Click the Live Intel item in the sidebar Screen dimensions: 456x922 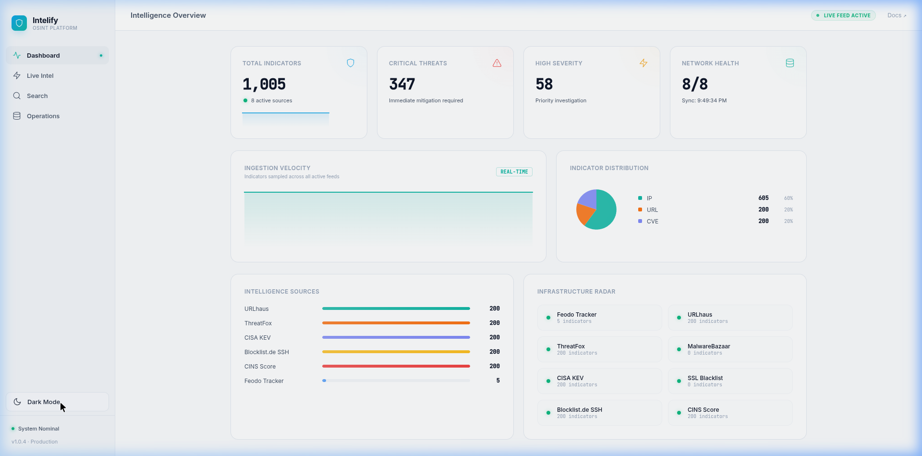click(x=40, y=76)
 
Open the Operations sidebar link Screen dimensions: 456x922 click(x=43, y=116)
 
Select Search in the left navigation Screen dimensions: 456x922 click(x=37, y=96)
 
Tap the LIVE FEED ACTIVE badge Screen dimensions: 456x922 click(x=843, y=15)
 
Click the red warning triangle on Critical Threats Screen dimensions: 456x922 click(x=497, y=63)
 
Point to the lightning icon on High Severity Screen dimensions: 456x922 click(x=643, y=63)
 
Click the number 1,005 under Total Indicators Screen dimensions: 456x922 click(x=264, y=85)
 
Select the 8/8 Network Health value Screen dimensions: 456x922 click(x=695, y=85)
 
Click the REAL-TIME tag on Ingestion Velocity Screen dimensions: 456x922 click(x=514, y=172)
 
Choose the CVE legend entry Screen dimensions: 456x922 click(x=652, y=222)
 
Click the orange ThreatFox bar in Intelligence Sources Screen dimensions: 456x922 click(x=396, y=323)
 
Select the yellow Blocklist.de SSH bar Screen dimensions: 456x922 click(x=396, y=352)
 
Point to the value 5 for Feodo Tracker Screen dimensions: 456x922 click(x=497, y=381)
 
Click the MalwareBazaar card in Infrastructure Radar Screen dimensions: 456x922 click(x=730, y=349)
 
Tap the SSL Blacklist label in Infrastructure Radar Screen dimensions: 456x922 click(x=705, y=378)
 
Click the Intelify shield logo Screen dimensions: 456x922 click(x=19, y=23)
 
